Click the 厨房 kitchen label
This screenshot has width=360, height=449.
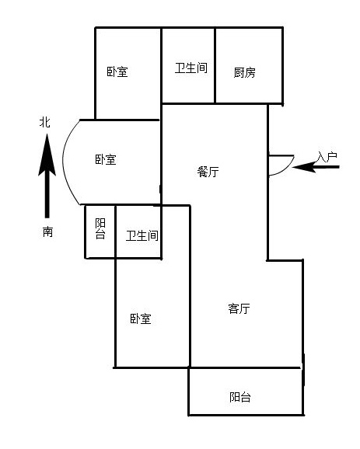click(x=244, y=72)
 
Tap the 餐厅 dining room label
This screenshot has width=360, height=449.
click(x=208, y=172)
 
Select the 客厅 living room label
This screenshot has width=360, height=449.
click(x=239, y=308)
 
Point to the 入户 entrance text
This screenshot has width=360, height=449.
click(x=327, y=157)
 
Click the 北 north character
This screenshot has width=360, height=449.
click(x=45, y=122)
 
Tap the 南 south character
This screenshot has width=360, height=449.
click(x=48, y=231)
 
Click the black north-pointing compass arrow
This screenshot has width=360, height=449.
click(x=47, y=176)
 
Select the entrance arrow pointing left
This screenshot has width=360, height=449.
click(x=316, y=167)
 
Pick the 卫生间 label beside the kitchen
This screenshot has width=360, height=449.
click(x=191, y=68)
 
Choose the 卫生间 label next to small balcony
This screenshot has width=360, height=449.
click(x=142, y=235)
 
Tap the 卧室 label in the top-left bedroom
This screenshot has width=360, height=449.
click(x=117, y=71)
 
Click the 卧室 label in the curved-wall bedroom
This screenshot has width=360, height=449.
click(x=106, y=159)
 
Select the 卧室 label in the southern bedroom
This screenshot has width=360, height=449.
click(x=141, y=318)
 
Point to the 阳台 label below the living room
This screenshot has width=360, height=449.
click(x=240, y=397)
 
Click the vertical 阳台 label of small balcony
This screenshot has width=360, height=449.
click(x=100, y=228)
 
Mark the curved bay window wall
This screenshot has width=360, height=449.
click(x=64, y=162)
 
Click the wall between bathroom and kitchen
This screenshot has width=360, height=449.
click(x=215, y=65)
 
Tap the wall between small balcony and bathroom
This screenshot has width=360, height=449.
click(x=115, y=231)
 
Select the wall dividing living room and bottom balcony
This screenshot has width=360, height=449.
click(x=244, y=367)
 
